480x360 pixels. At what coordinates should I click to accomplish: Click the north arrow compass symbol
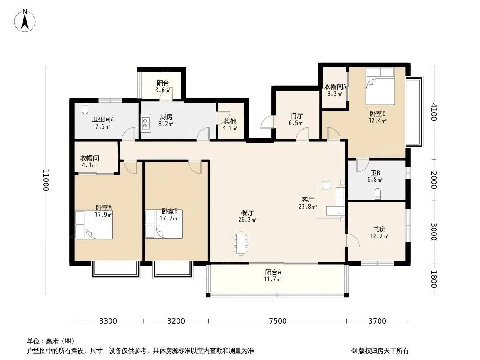point(25,21)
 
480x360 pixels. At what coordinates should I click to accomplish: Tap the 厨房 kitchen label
point(166,117)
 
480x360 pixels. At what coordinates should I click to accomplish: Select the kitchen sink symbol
point(146,123)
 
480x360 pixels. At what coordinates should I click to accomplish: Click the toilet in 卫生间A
point(85,108)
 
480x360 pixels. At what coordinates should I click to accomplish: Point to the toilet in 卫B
point(378,194)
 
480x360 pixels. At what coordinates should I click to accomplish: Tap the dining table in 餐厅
point(241,243)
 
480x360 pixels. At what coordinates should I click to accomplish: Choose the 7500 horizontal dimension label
point(278,321)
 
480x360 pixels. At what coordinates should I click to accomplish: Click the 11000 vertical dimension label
point(45,180)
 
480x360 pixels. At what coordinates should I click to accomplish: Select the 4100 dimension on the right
point(434,112)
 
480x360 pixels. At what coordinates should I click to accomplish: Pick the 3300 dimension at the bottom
point(108,321)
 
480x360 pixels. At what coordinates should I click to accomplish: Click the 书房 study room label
point(379,229)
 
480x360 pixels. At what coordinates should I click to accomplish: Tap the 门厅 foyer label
point(296,116)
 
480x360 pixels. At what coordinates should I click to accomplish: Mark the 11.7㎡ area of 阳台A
point(272,279)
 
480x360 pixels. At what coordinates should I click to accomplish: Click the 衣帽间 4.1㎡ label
point(90,162)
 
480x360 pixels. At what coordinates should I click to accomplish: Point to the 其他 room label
point(230,121)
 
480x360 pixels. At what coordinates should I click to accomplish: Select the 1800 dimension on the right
point(434,279)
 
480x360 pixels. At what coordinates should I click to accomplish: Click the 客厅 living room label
point(308,199)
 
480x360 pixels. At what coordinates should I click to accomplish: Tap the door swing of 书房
point(353,239)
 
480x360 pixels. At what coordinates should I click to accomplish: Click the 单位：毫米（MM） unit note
point(51,341)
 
